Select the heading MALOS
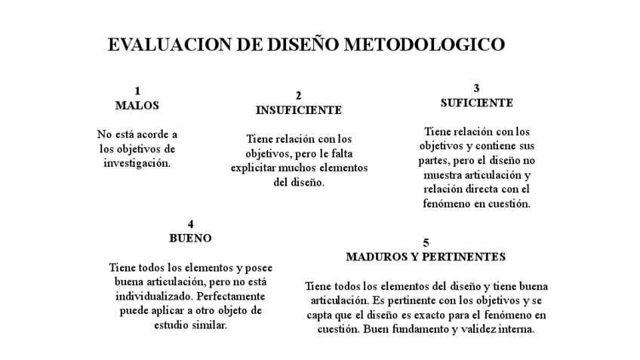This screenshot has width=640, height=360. pyautogui.click(x=137, y=106)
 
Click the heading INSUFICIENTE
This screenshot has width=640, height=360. pyautogui.click(x=298, y=110)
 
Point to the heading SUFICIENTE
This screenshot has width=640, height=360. pyautogui.click(x=477, y=103)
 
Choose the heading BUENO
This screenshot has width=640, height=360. pyautogui.click(x=190, y=238)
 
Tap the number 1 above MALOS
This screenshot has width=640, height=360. pyautogui.click(x=137, y=92)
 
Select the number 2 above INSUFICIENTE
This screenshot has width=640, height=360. pyautogui.click(x=298, y=96)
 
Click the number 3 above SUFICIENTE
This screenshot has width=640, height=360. pyautogui.click(x=477, y=88)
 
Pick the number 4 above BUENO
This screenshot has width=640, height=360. pyautogui.click(x=191, y=224)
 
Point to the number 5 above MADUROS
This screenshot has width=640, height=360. pyautogui.click(x=426, y=243)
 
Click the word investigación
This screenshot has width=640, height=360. pyautogui.click(x=137, y=162)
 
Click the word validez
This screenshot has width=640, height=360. pyautogui.click(x=472, y=329)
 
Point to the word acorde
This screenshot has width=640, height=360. pyautogui.click(x=155, y=134)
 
